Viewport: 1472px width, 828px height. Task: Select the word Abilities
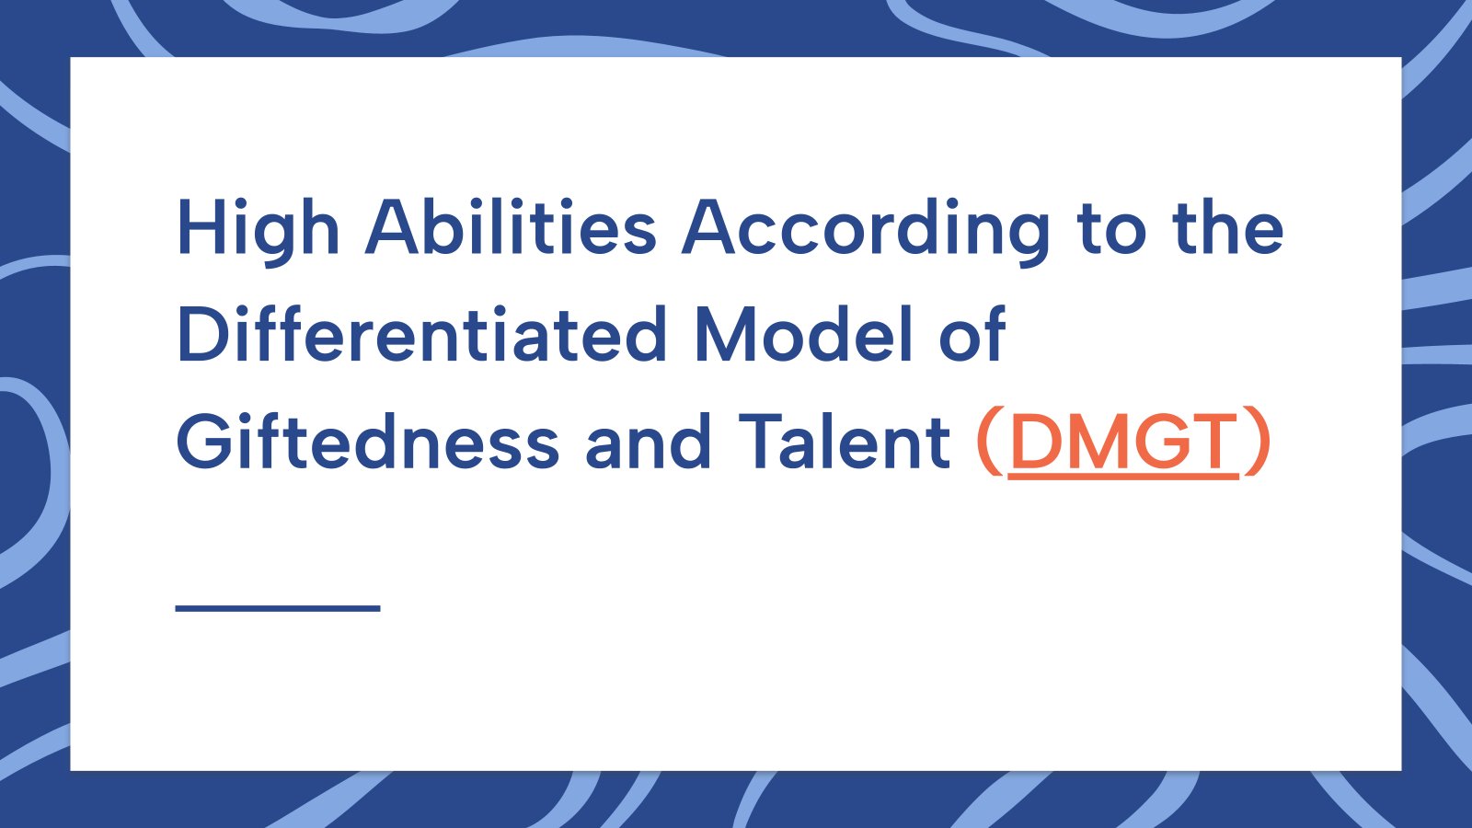tap(511, 226)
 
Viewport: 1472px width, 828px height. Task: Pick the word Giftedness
tap(368, 441)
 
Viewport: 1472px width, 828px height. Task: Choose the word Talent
tap(845, 441)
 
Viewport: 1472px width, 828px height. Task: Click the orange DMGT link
tap(1123, 442)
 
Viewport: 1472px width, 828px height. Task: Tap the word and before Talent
tap(648, 441)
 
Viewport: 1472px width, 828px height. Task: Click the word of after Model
tap(972, 333)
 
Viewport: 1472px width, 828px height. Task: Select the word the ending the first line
tap(1227, 226)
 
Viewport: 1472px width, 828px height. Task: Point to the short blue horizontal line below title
tap(278, 608)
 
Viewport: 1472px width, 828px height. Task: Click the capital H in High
tap(201, 226)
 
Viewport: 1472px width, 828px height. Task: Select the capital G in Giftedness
tap(204, 441)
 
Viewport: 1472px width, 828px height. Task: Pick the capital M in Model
tap(727, 334)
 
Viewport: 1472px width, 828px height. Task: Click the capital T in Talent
tap(763, 441)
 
